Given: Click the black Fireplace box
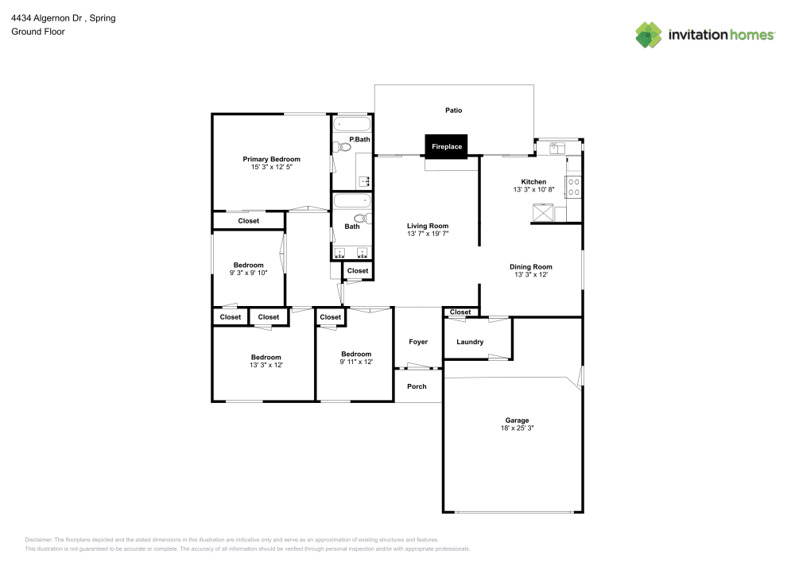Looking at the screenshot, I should (x=446, y=146).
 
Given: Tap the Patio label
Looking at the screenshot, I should (x=453, y=110).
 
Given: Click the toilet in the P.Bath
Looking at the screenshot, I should (x=343, y=146).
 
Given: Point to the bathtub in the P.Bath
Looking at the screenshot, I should (x=351, y=125).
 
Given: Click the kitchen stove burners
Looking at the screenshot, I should (x=573, y=187).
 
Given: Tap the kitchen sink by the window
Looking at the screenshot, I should (x=556, y=147).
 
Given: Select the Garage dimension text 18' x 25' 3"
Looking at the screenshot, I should (x=517, y=428).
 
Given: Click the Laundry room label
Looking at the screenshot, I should (x=470, y=342).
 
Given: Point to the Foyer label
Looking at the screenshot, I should (x=418, y=342).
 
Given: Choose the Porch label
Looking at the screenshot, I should (x=417, y=386).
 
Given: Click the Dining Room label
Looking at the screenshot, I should (x=531, y=267).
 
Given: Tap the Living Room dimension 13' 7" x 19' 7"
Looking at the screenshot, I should (x=428, y=234).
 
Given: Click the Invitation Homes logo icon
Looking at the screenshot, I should (x=649, y=34).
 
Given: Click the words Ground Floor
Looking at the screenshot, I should (x=38, y=32).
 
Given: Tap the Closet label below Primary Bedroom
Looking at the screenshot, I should (x=248, y=221).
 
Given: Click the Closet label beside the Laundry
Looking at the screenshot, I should (x=460, y=312).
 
